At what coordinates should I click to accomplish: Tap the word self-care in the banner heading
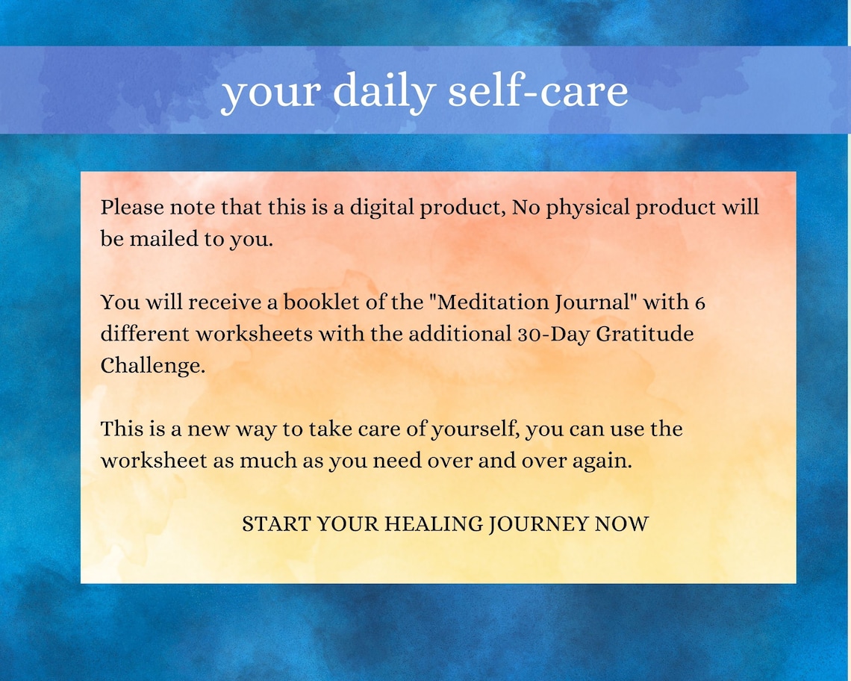coord(537,91)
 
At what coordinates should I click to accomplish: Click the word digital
coord(379,207)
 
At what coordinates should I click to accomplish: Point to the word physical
coord(587,207)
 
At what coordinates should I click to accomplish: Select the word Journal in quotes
coord(597,302)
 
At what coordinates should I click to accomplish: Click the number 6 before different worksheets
coord(699,302)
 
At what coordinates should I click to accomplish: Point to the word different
coord(145,334)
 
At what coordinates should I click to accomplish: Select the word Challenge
coord(152,366)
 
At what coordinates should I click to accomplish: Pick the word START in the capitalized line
coord(275,524)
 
